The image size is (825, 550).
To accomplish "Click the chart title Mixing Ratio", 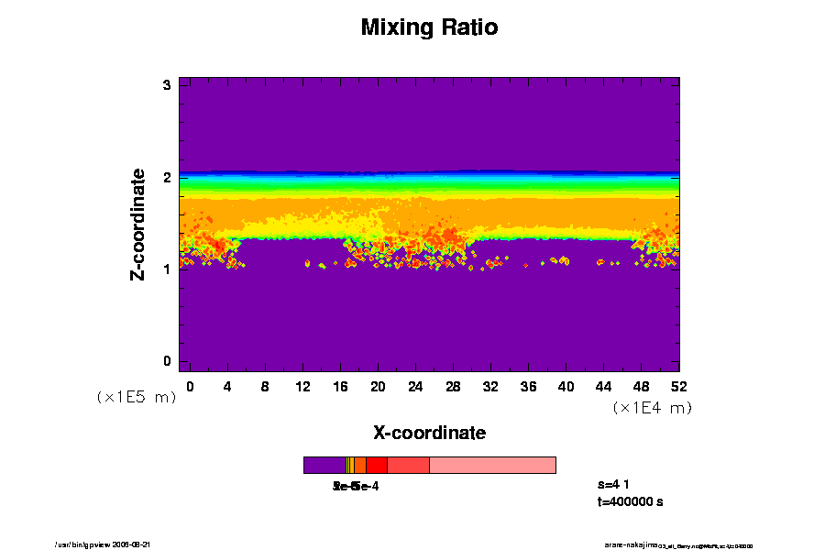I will tap(429, 27).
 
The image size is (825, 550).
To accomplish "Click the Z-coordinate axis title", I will tap(138, 224).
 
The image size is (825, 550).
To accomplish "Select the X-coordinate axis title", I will tap(429, 433).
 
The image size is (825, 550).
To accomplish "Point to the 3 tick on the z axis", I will tap(168, 85).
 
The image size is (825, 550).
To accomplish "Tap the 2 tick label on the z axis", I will tap(168, 178).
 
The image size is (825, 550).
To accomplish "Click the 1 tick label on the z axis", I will tap(168, 269).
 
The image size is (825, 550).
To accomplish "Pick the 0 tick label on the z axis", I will tap(168, 361).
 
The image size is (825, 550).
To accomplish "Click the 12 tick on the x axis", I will tap(302, 386).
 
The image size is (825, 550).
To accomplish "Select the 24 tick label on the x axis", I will tap(415, 386).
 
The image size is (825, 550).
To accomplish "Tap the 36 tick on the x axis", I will tap(528, 386).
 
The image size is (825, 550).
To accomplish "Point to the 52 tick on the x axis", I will tap(679, 386).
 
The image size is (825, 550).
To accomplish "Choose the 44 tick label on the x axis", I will tap(604, 386).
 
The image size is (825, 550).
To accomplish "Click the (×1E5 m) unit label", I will tap(137, 397).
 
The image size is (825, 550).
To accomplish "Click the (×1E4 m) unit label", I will tap(652, 408).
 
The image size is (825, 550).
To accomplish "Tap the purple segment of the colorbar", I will tap(324, 465).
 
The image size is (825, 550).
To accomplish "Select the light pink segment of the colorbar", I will tap(492, 465).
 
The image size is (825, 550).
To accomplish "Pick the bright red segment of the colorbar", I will tap(376, 465).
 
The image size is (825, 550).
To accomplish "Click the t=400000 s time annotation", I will tap(630, 501).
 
